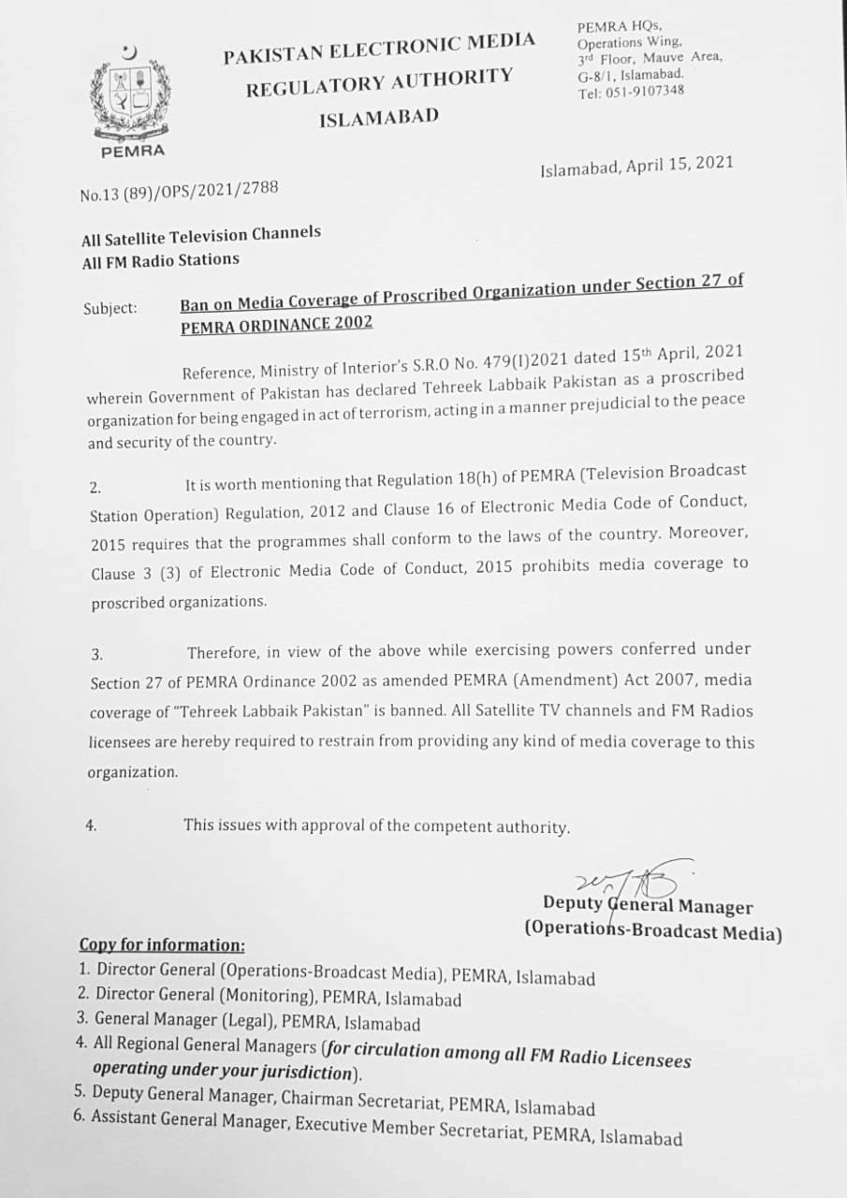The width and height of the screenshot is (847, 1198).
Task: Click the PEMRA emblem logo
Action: pyautogui.click(x=131, y=95)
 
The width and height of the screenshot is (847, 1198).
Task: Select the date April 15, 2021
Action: pyautogui.click(x=679, y=165)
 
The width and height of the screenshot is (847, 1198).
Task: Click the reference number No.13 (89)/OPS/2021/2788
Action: pyautogui.click(x=179, y=192)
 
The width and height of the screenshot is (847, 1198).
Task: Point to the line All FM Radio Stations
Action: pyautogui.click(x=160, y=261)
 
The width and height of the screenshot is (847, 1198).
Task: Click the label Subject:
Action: pyautogui.click(x=110, y=307)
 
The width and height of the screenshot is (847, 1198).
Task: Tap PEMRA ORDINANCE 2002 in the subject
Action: pyautogui.click(x=276, y=324)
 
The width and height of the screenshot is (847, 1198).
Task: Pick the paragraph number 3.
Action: pyautogui.click(x=96, y=654)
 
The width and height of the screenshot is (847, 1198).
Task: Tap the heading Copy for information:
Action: pyautogui.click(x=162, y=944)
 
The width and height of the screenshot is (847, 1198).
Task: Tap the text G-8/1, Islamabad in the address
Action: pyautogui.click(x=630, y=74)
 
